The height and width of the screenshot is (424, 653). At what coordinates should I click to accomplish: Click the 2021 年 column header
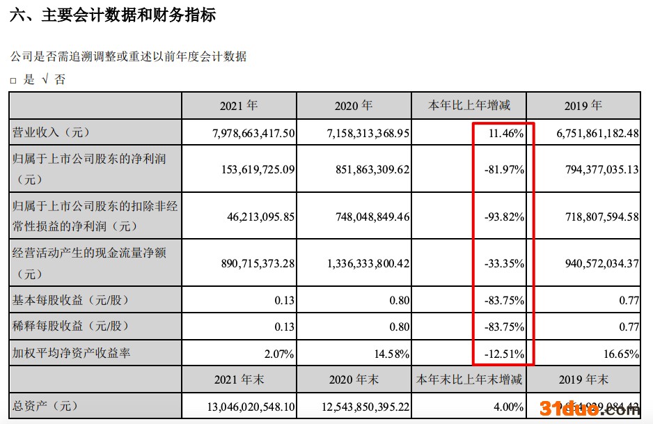(239, 106)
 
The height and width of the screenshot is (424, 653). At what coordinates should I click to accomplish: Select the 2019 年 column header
(583, 106)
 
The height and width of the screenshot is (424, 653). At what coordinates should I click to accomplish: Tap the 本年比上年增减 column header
(469, 106)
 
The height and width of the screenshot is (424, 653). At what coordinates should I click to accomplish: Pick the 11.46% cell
(505, 132)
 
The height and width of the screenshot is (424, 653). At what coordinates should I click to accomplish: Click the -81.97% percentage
(503, 169)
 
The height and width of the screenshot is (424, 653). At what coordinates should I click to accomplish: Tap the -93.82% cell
(503, 217)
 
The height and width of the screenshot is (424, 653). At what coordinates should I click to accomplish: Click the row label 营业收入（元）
(52, 132)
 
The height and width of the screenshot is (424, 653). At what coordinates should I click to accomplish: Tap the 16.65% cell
(622, 354)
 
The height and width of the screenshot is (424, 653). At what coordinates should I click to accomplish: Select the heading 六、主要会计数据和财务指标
(112, 15)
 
